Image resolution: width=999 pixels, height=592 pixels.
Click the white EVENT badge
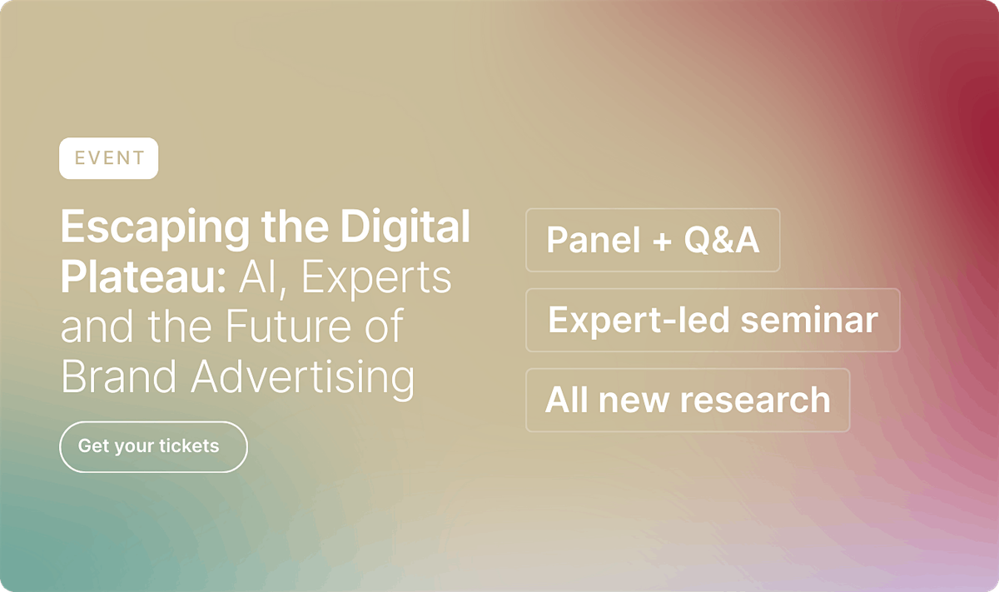pos(108,158)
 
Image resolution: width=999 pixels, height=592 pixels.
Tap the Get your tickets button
pos(153,446)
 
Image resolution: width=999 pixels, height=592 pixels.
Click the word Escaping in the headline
pos(155,228)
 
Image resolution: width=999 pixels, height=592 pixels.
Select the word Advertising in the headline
pos(303,378)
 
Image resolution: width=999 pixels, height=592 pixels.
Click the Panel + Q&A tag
pos(653,240)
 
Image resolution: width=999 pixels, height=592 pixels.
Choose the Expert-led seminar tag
pos(713,320)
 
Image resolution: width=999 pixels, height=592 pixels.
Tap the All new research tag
pos(688,400)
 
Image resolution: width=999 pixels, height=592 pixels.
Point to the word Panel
pos(594,240)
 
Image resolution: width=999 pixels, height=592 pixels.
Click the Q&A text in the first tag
pos(721,240)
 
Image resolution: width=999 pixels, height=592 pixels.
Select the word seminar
pos(809,320)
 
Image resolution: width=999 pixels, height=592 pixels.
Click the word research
pos(755,400)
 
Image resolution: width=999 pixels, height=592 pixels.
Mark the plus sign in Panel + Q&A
pos(662,241)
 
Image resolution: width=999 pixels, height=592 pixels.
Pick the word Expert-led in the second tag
pos(639,321)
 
